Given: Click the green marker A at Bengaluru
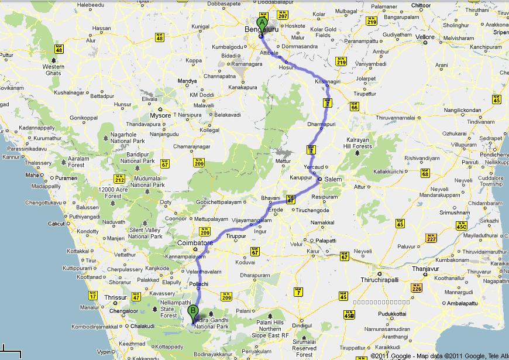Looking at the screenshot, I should pos(261,22).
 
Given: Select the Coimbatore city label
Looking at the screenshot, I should pos(193,241).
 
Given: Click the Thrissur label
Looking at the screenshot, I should pos(115,297).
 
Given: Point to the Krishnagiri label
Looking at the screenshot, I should pos(328,81).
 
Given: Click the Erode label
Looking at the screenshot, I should pos(275,210).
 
